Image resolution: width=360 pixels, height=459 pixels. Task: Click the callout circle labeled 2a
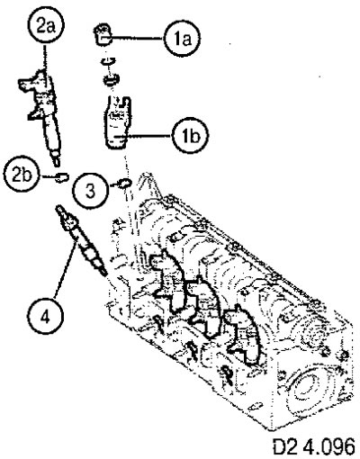click(x=45, y=27)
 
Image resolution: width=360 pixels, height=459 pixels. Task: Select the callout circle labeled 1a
click(x=182, y=39)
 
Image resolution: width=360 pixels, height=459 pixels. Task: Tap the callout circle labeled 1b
click(x=191, y=137)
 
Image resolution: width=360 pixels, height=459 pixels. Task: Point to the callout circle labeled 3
click(x=91, y=191)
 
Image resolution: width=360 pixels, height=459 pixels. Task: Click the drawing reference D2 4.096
click(x=314, y=447)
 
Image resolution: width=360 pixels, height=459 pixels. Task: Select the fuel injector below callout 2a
click(x=43, y=114)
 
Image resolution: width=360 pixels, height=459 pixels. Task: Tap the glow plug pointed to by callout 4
click(x=81, y=239)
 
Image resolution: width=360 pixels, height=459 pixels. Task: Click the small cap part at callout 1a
click(x=103, y=35)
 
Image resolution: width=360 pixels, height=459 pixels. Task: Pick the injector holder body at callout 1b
click(x=118, y=122)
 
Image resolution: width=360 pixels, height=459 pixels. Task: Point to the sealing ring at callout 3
click(x=125, y=183)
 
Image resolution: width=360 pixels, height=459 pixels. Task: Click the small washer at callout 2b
click(x=62, y=177)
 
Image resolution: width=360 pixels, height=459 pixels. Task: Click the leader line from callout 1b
click(x=147, y=136)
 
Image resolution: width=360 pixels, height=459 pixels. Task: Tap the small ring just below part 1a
click(x=108, y=60)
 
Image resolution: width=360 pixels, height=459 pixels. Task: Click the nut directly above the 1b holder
click(x=111, y=80)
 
